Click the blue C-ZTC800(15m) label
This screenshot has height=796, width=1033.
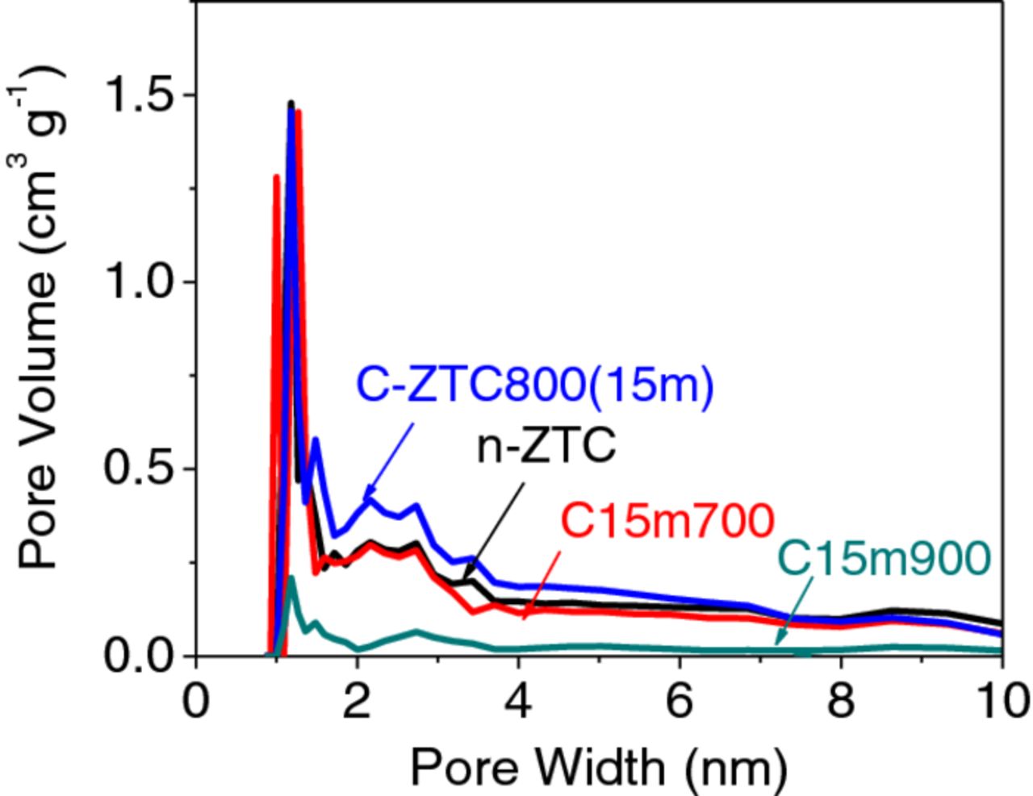(535, 386)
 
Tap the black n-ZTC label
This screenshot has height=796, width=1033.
(546, 446)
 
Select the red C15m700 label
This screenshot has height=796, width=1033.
(667, 522)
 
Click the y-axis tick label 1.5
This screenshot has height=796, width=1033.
(140, 95)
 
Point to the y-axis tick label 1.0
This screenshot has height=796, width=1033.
(140, 282)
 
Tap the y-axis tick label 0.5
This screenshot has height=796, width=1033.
(140, 469)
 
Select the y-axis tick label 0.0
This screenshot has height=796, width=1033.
(140, 656)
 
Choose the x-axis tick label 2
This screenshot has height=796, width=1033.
(358, 702)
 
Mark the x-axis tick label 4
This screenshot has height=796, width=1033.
(519, 702)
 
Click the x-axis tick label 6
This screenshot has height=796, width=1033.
(680, 702)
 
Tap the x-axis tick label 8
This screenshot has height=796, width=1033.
(842, 702)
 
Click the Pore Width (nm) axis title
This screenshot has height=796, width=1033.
(598, 766)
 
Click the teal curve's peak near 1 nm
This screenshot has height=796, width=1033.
(291, 579)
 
